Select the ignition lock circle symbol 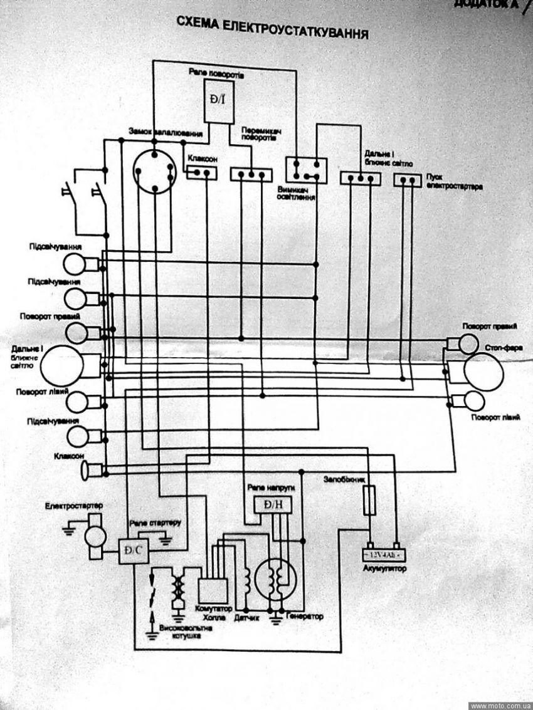tap(153, 170)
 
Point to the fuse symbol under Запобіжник tap(371, 499)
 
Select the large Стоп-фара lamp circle tap(483, 372)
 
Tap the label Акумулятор tap(384, 569)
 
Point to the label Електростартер tap(74, 505)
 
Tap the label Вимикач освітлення tap(295, 192)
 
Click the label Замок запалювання tap(165, 133)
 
